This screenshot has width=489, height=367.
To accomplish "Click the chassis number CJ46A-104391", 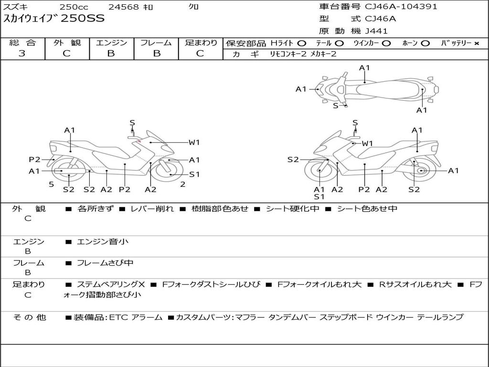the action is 401,7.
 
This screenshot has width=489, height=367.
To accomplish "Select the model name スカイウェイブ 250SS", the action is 53,19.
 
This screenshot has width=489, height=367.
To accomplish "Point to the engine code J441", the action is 376,31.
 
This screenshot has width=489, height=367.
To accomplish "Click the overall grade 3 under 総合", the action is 22,53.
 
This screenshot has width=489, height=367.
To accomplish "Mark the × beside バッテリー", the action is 477,43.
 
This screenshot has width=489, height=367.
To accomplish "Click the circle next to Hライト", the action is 302,43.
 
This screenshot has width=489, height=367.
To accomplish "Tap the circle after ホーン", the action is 425,43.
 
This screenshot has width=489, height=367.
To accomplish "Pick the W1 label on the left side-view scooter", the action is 194,142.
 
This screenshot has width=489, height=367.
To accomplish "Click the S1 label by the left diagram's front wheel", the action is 194,174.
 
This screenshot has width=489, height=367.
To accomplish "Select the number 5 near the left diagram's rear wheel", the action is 52,184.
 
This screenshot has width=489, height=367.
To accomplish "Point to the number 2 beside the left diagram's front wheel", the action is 183,184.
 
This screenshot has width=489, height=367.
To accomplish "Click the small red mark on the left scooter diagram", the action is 139,141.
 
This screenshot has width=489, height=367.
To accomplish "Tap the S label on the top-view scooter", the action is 336,106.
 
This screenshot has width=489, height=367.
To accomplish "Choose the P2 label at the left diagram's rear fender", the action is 34,160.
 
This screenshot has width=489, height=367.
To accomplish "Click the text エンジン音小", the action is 102,241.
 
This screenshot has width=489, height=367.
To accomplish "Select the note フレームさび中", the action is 105,263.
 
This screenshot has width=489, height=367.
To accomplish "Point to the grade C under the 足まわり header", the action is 200,54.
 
